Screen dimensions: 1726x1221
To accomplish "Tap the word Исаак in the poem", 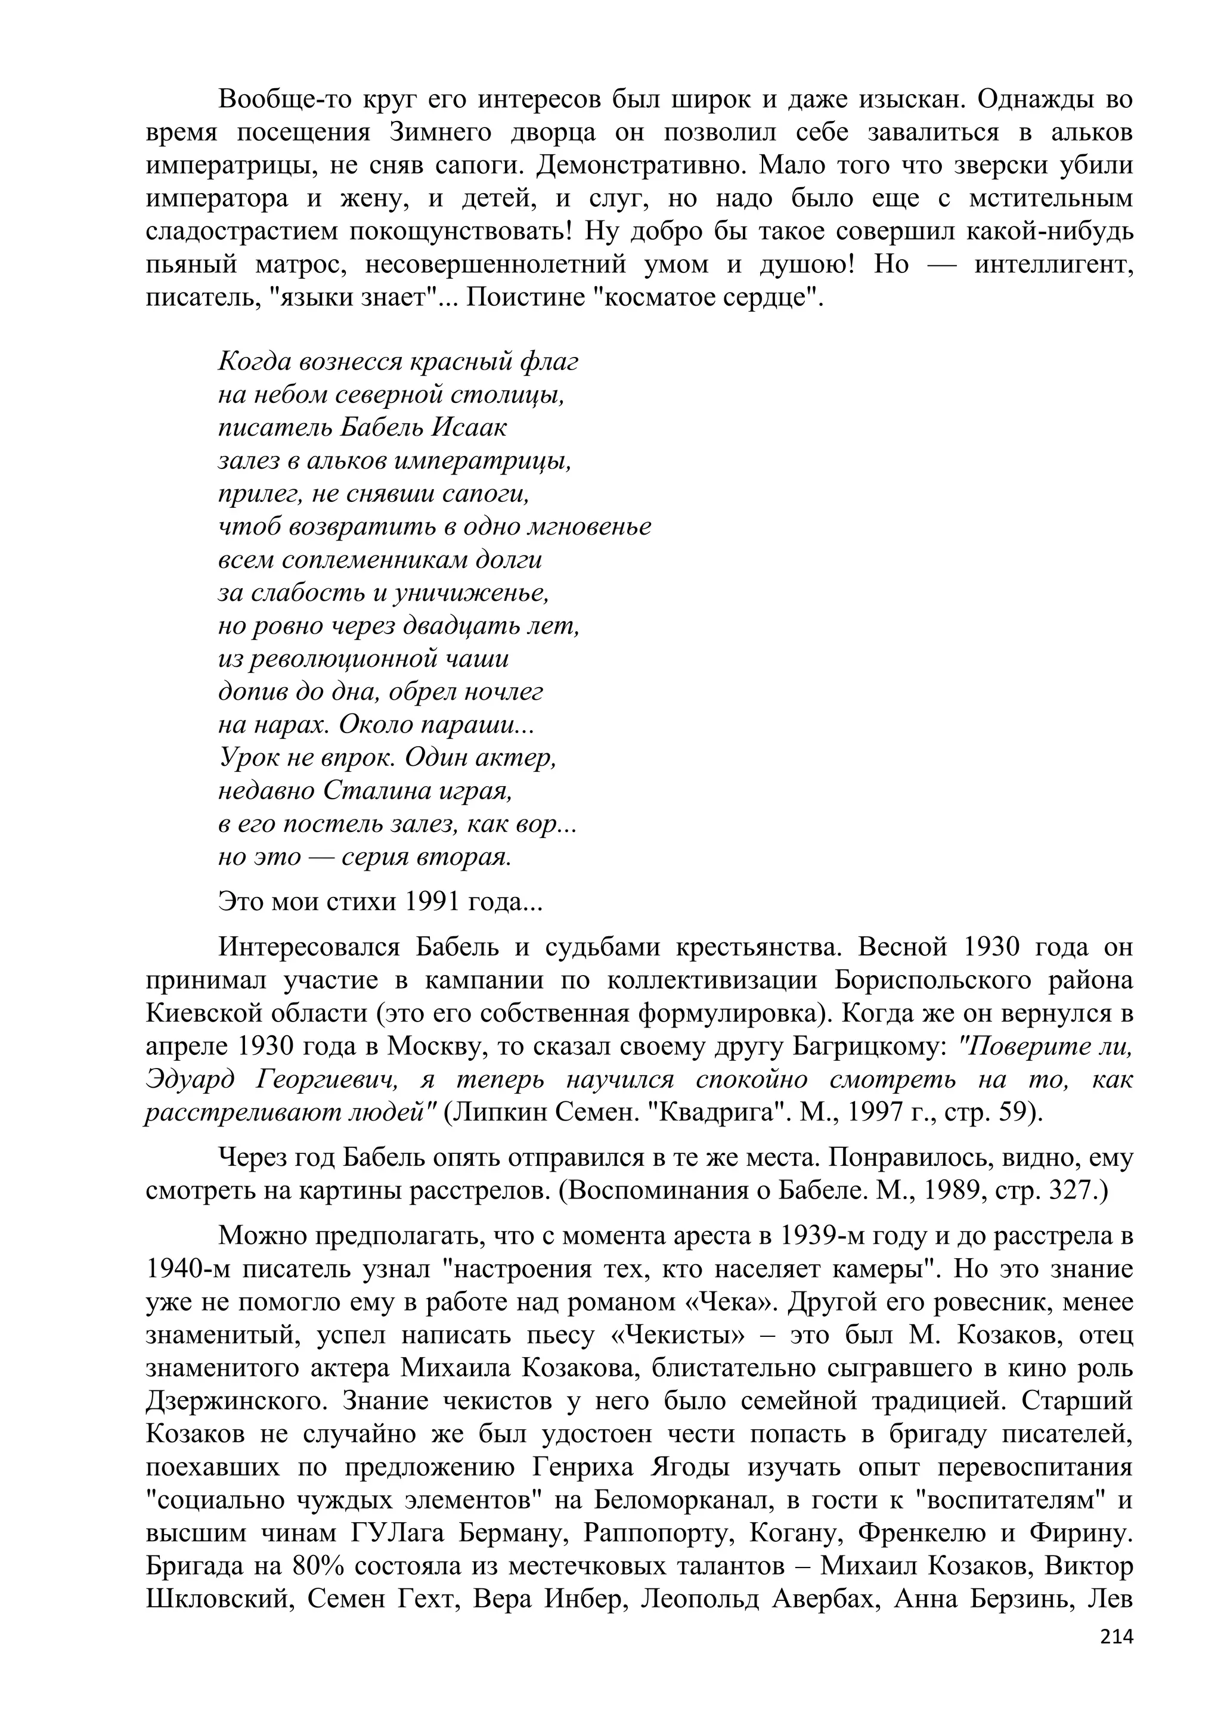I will [x=469, y=427].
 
